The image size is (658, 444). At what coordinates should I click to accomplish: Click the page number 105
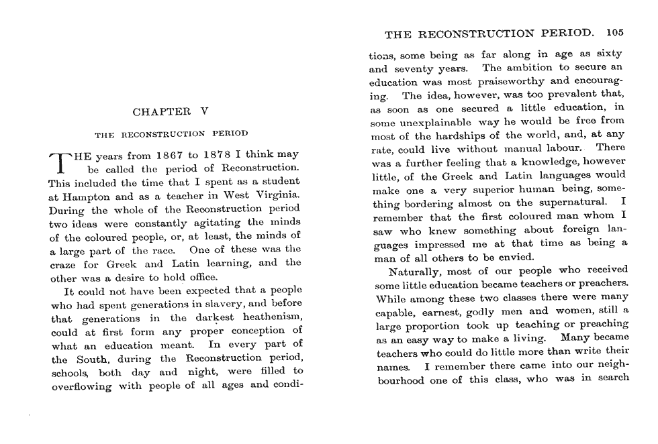click(x=614, y=32)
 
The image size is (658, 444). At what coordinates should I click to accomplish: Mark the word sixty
click(x=609, y=54)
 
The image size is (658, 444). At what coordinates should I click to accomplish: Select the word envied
click(x=517, y=257)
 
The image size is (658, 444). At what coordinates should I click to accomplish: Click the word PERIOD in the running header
click(x=566, y=32)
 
